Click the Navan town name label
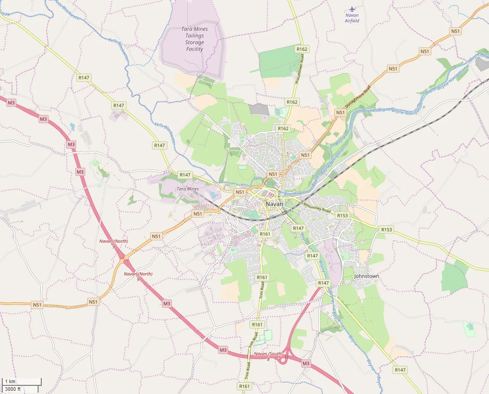point(274,204)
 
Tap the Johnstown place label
point(366,276)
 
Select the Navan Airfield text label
point(352,18)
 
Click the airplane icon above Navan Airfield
point(352,9)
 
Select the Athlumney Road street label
point(317,208)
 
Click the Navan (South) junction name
point(268,354)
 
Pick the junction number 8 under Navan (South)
point(268,359)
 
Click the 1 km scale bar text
point(10,381)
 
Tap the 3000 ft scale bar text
point(13,389)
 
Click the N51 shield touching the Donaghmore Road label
point(340,112)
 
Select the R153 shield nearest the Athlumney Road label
point(342,215)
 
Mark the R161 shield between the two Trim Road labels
point(257,324)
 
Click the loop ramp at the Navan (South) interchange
point(284,359)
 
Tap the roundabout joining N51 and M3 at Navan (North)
point(123,259)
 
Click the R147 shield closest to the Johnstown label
point(323,283)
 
